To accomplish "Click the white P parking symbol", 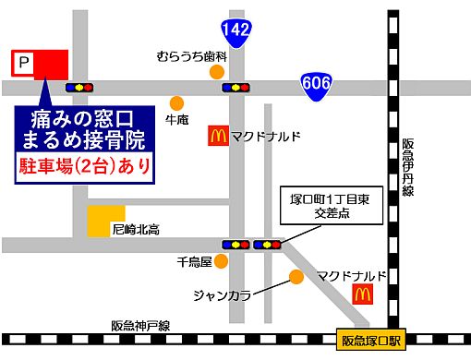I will click(24, 63).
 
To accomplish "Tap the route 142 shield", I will click(237, 30).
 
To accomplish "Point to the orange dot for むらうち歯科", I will click(217, 71).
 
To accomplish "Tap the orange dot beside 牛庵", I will click(175, 102).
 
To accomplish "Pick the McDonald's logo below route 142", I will click(217, 137).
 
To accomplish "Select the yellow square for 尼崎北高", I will click(100, 221).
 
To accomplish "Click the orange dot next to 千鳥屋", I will click(221, 261).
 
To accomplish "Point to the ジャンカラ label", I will click(222, 295).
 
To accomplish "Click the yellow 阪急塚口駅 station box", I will click(370, 341).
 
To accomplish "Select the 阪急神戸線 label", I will click(140, 325).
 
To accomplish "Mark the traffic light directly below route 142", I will click(237, 88).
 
